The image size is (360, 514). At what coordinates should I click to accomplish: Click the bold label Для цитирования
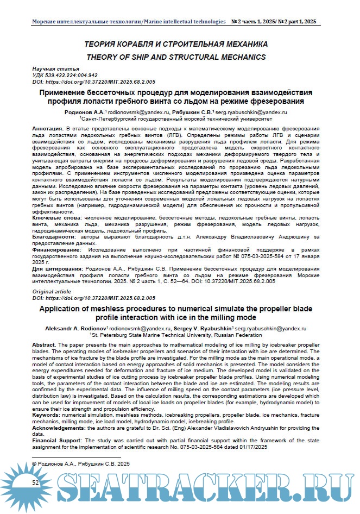(57, 269)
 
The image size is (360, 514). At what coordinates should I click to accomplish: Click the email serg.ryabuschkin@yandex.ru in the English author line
(269, 329)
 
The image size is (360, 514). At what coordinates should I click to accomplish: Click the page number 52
(35, 482)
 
